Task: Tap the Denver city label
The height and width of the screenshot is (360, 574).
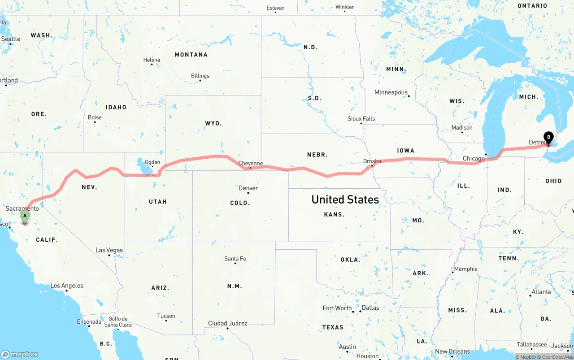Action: click(248, 188)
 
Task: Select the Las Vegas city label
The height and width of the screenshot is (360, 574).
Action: click(109, 250)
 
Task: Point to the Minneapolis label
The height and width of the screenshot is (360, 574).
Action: click(391, 92)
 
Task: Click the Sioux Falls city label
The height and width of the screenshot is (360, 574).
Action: click(361, 119)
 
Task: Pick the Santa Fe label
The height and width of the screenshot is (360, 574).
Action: click(235, 259)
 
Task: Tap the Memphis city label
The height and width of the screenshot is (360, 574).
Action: click(465, 269)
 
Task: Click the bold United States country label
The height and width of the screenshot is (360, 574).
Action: click(345, 200)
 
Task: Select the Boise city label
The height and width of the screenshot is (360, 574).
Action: click(95, 117)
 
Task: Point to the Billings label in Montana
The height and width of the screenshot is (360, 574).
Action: click(200, 76)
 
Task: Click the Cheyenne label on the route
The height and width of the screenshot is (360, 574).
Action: click(250, 164)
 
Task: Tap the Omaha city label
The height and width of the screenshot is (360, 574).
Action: click(372, 161)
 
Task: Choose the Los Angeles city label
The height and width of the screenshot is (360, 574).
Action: click(66, 286)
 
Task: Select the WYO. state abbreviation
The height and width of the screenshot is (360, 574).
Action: click(213, 123)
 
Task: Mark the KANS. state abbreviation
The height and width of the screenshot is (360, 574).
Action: click(334, 215)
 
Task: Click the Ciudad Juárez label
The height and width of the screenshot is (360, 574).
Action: click(227, 323)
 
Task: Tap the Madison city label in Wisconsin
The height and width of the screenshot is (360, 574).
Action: click(462, 128)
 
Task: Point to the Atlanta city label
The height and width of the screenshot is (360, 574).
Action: click(541, 292)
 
